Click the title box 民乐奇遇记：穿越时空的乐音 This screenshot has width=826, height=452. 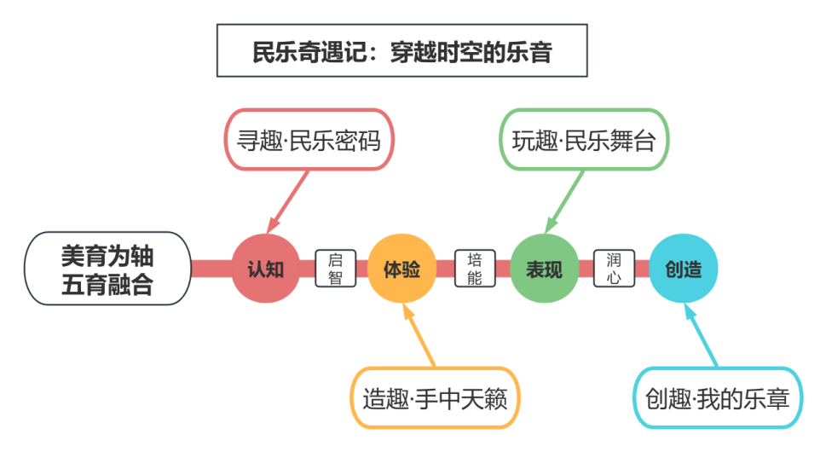[x=401, y=52]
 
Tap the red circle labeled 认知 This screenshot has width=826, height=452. [x=265, y=269]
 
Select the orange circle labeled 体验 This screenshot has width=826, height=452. [x=401, y=269]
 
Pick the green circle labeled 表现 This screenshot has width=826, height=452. [x=544, y=269]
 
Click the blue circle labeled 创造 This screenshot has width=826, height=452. [x=683, y=269]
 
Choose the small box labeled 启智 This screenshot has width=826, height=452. [x=335, y=269]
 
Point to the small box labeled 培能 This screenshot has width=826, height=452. [x=475, y=269]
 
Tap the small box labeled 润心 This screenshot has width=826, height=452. [x=614, y=269]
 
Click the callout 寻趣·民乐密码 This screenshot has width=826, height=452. [x=309, y=140]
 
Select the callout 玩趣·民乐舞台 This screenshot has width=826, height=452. [x=583, y=140]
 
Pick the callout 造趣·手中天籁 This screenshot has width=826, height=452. [x=435, y=398]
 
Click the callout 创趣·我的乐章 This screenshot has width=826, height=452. [x=717, y=398]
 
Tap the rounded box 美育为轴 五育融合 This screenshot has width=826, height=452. [x=107, y=269]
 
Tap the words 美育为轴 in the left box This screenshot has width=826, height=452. [x=107, y=255]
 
